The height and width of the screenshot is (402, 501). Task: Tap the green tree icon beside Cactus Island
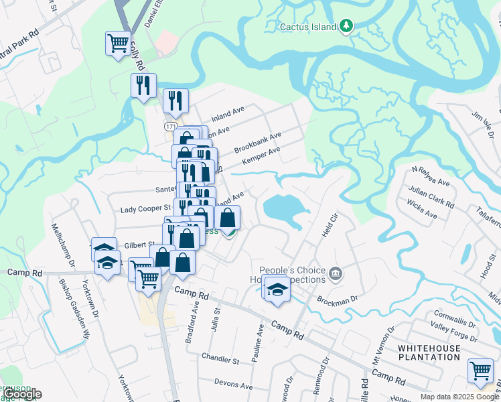coord(346,27)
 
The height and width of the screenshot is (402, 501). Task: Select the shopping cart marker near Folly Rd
coord(119,44)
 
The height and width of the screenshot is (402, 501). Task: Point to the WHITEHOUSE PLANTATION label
coord(439,352)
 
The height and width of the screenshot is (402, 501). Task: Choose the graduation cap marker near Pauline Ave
coord(275,289)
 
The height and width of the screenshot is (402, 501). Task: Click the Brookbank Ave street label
coord(257,143)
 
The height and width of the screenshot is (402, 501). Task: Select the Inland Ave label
coord(228,111)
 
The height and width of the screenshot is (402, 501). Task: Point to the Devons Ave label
coord(233,385)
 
